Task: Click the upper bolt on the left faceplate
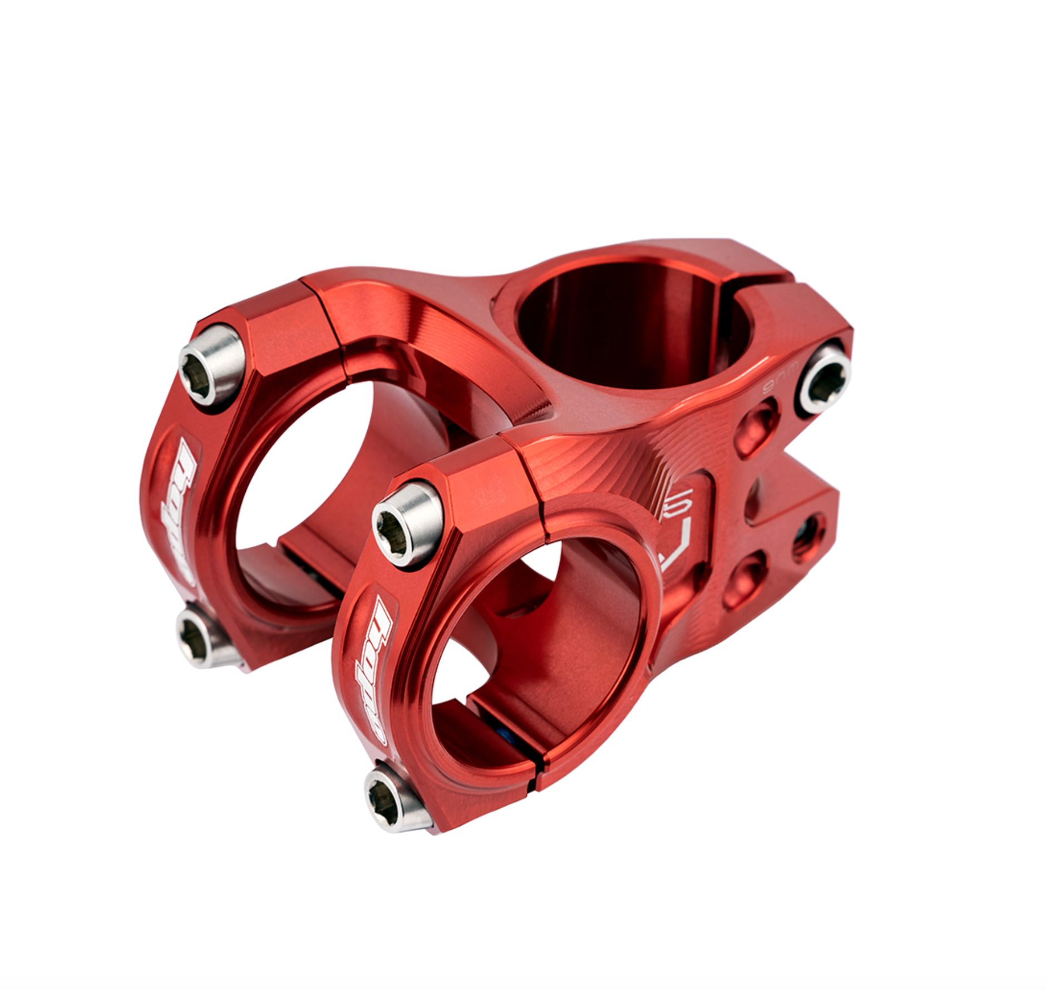(x=212, y=365)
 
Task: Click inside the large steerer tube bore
(x=629, y=328)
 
